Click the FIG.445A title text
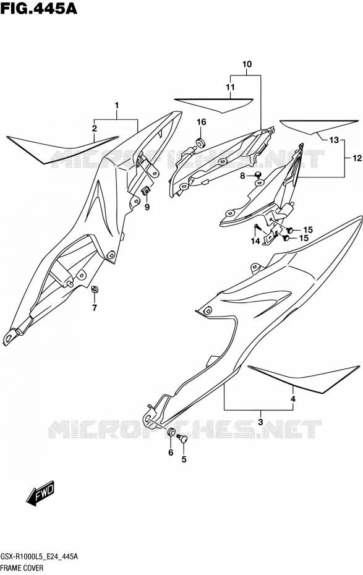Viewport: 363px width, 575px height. pos(38,8)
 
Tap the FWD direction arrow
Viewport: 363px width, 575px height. pos(40,493)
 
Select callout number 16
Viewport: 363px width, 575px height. pos(202,122)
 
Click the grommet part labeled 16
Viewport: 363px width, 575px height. pos(200,142)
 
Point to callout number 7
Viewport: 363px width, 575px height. pos(95,308)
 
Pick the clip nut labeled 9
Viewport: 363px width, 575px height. pos(146,190)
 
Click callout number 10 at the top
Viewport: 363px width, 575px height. pos(247,64)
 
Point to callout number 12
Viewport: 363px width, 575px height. pos(357,158)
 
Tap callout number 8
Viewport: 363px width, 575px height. pos(242,176)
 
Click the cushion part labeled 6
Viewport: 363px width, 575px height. pos(171,432)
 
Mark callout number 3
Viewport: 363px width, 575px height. pos(260,422)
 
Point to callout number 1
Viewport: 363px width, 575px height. pos(117,106)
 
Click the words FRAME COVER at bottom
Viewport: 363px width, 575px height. pos(22,568)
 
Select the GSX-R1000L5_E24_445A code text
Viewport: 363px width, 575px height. pos(39,556)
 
